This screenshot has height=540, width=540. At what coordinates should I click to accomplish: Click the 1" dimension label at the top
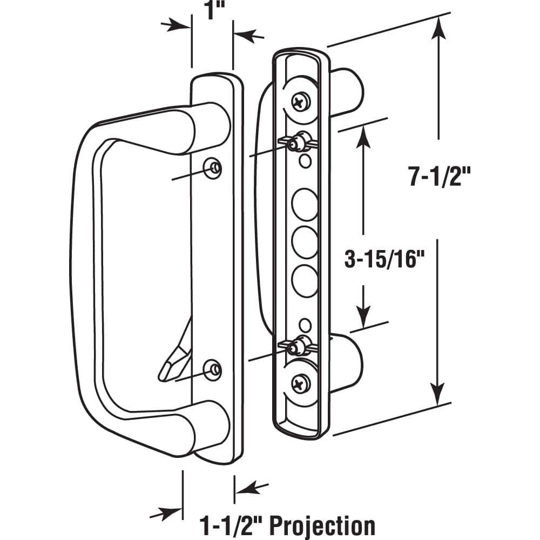[x=212, y=11]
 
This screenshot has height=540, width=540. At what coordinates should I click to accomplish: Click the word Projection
[x=322, y=525]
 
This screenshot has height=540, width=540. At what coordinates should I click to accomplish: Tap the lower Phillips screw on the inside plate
[x=299, y=384]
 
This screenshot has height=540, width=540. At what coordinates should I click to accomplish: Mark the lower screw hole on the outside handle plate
[x=214, y=369]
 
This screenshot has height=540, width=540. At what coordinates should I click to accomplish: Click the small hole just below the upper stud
[x=305, y=160]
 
